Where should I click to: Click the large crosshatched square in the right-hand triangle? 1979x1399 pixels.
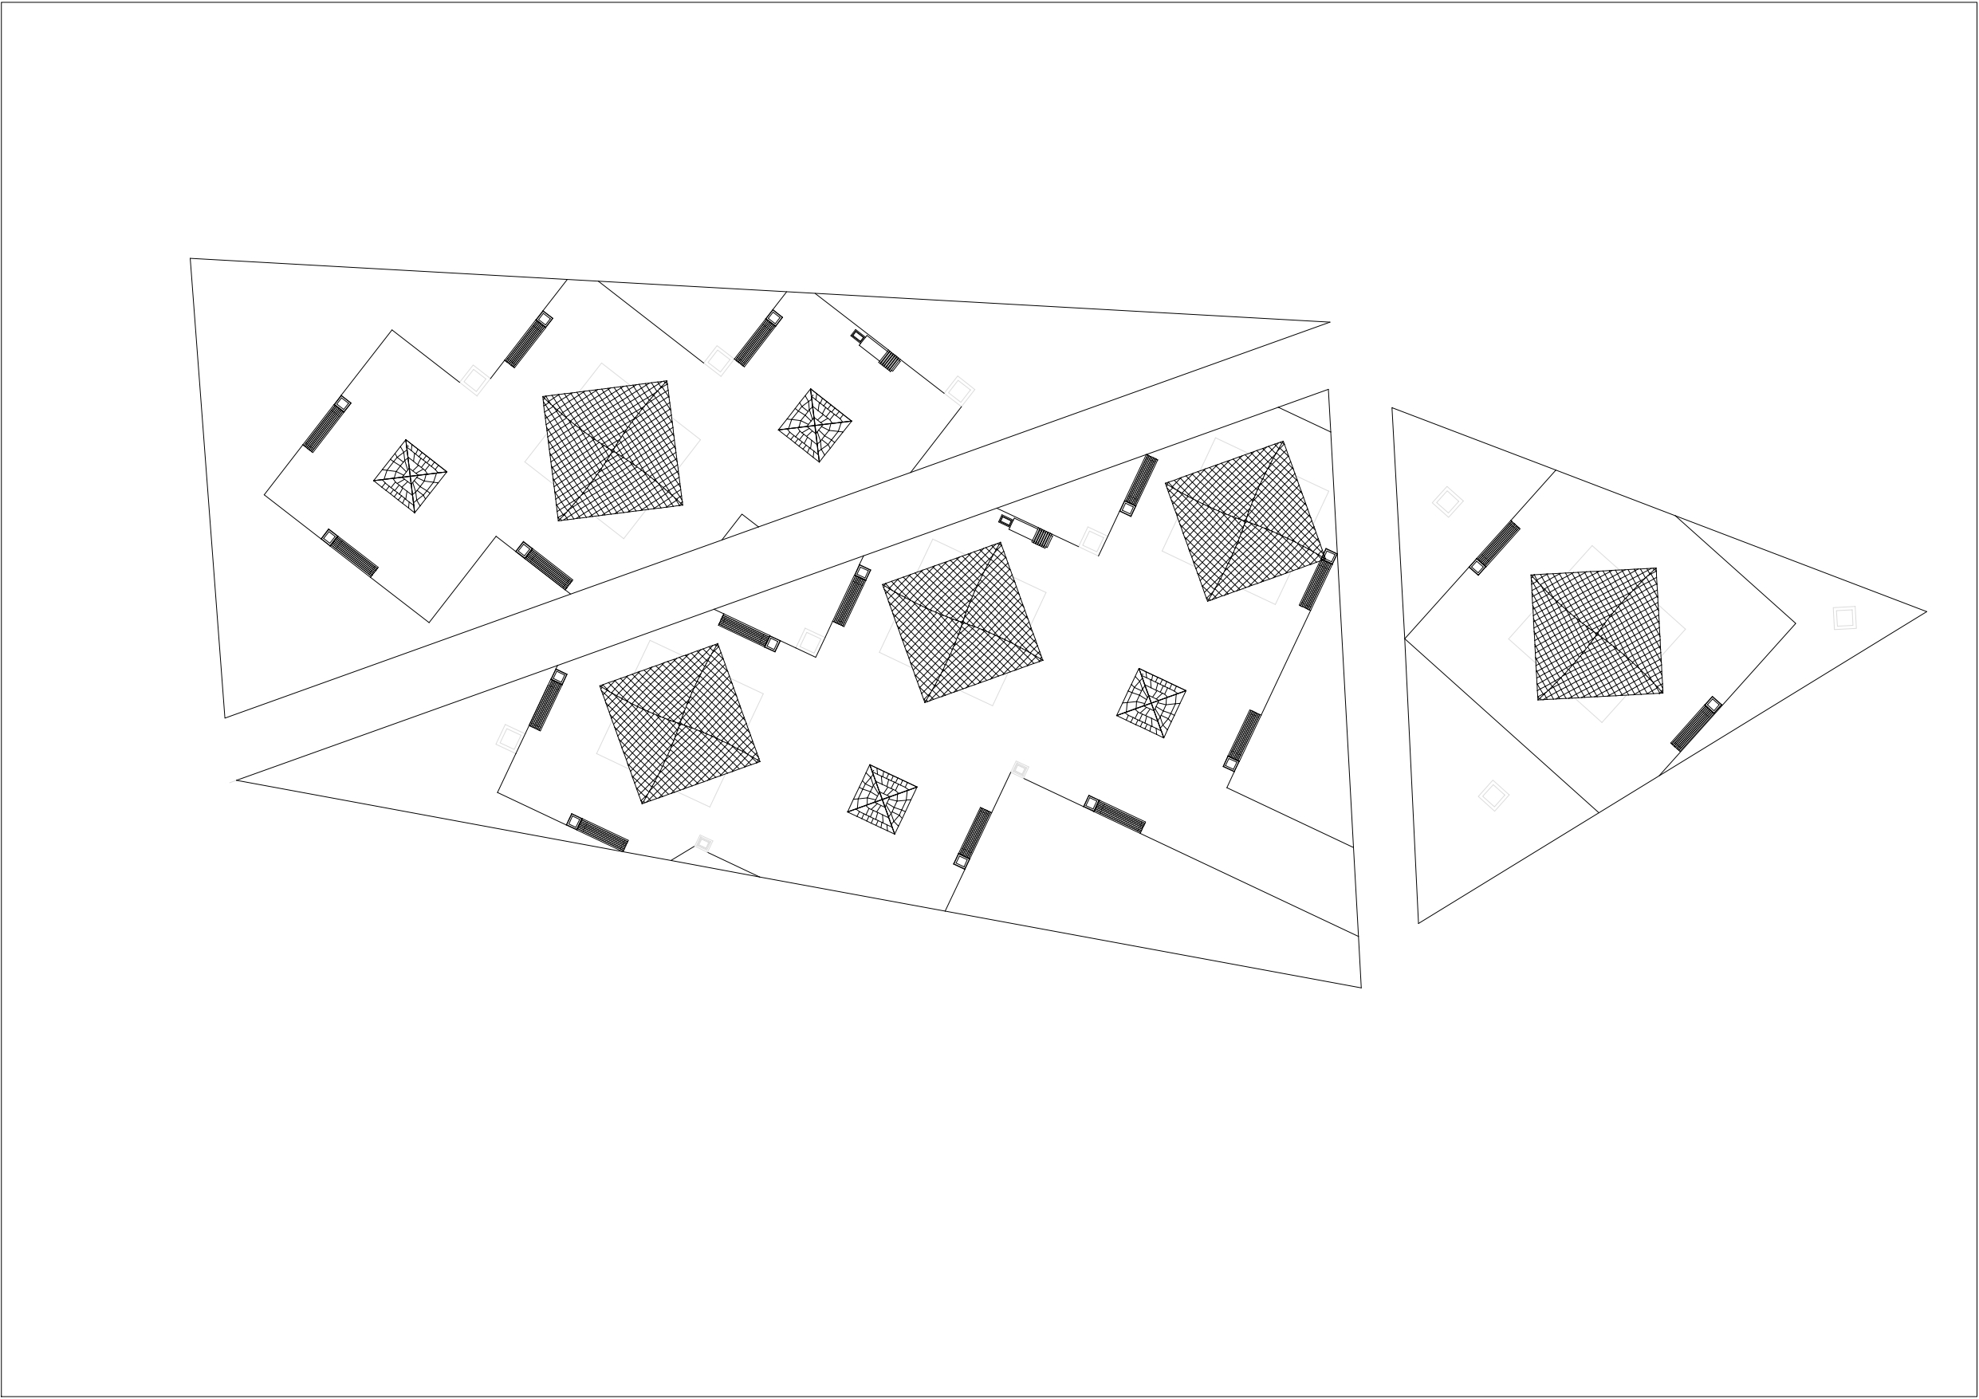tap(1596, 634)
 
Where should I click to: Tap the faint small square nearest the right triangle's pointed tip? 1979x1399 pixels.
tap(1843, 617)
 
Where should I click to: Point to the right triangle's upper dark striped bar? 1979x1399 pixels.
tap(1494, 548)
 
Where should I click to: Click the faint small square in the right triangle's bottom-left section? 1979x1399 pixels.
tap(1493, 795)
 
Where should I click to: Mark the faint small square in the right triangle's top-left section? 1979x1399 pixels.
tap(1447, 501)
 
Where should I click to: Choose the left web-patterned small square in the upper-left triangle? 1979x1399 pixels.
tap(411, 476)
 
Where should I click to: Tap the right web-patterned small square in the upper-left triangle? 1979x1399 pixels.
tap(815, 425)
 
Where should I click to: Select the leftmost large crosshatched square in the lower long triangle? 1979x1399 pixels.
tap(679, 723)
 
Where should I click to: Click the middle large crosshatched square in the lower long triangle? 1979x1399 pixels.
tap(962, 622)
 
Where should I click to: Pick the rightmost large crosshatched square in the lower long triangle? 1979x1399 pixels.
tap(1245, 521)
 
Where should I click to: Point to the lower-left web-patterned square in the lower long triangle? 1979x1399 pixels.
tap(882, 799)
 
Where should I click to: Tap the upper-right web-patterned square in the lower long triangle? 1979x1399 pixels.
tap(1151, 702)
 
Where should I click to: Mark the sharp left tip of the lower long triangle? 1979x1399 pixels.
tap(238, 780)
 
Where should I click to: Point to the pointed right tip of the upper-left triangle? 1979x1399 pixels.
tap(1328, 322)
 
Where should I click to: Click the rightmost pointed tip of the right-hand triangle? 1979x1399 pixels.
tap(1926, 612)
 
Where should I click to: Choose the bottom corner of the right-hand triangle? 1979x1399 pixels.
tap(1418, 922)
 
